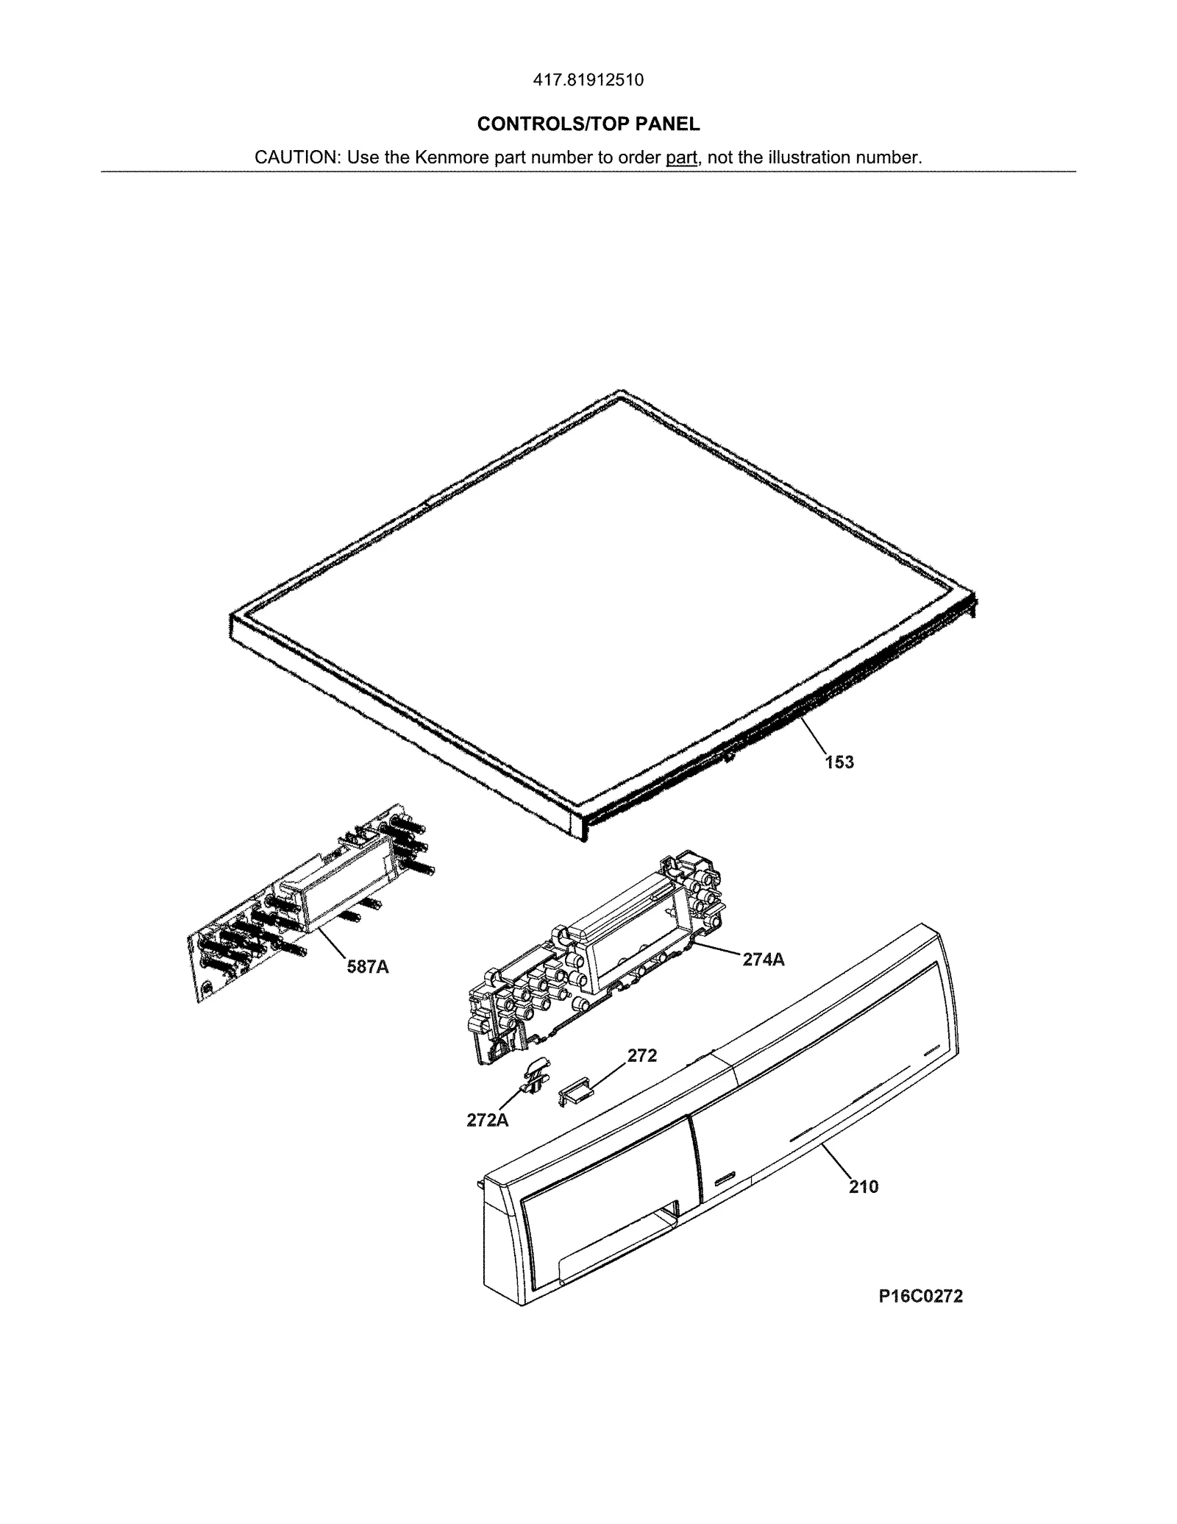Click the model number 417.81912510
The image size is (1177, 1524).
588,79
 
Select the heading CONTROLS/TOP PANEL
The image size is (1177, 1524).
588,124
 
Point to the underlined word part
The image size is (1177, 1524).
681,157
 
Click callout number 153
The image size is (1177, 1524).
839,762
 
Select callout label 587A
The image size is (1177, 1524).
368,966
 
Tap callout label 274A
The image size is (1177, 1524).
764,959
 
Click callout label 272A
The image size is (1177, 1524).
487,1120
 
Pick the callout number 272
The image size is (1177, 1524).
641,1056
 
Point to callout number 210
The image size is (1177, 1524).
863,1186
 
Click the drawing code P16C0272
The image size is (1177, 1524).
920,1296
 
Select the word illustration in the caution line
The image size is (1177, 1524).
808,157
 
